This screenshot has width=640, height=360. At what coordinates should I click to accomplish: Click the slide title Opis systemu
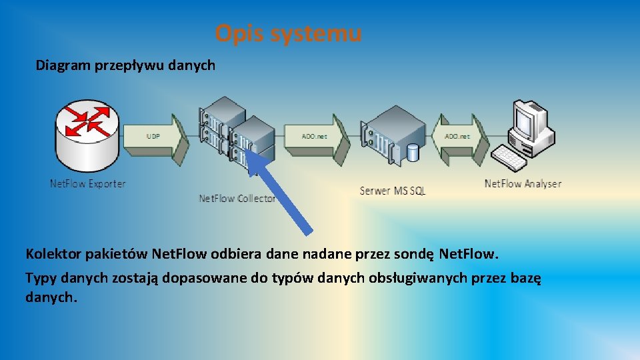pos(289,33)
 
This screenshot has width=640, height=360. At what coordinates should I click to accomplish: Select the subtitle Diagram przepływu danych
pos(125,65)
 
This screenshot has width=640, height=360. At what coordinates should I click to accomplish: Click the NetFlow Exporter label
pos(88,183)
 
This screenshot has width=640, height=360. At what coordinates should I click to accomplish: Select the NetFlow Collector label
pos(237,198)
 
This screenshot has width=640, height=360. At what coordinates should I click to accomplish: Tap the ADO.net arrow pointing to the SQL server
pos(317,137)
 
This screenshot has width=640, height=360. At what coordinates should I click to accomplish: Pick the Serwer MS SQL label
pos(392,191)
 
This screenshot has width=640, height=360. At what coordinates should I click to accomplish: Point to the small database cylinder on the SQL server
pos(413,153)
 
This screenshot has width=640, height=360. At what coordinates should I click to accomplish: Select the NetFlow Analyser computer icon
pos(527,133)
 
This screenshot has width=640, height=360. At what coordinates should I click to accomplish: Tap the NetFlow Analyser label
pos(523,183)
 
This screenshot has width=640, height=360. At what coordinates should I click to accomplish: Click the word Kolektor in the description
pos(53,254)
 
